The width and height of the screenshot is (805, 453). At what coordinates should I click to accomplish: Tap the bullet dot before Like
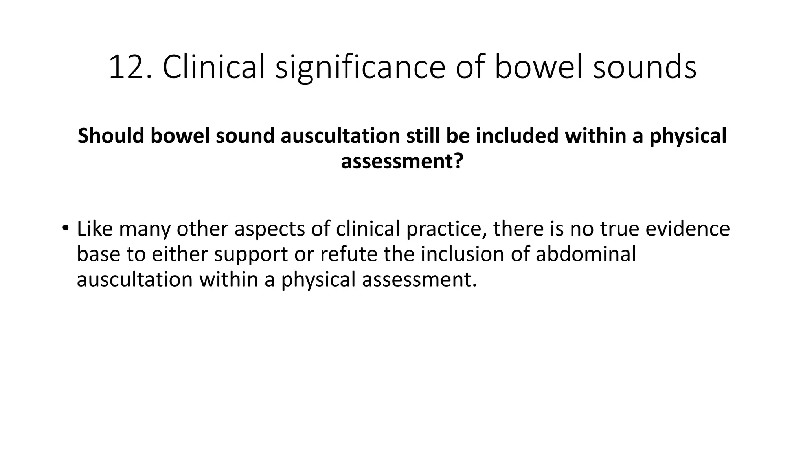65,228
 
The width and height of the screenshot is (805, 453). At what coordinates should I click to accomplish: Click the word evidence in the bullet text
687,229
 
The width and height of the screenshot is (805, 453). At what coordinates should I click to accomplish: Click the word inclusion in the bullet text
462,254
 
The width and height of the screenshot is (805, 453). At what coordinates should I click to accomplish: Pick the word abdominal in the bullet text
586,254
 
